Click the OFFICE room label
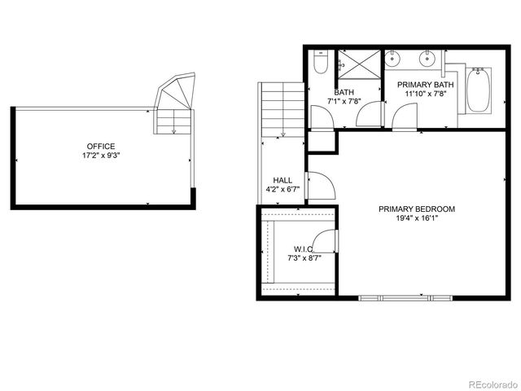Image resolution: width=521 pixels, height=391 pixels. pos(101,146)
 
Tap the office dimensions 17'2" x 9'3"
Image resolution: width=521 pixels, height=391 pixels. pos(101,155)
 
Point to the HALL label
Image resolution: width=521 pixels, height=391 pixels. pos(282,180)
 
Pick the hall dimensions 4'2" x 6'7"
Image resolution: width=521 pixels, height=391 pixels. pos(282,190)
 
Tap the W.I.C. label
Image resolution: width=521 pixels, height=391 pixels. pos(304,248)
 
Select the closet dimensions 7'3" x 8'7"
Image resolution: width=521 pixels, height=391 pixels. pos(304,257)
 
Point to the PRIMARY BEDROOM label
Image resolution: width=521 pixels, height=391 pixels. pos(417,209)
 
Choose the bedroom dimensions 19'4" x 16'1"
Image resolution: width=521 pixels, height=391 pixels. pos(417,218)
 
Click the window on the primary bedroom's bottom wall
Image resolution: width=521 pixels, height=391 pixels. pos(406,297)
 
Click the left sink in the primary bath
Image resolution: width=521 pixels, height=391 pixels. pos(394,59)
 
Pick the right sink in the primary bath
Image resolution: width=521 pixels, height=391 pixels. pos(426,59)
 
